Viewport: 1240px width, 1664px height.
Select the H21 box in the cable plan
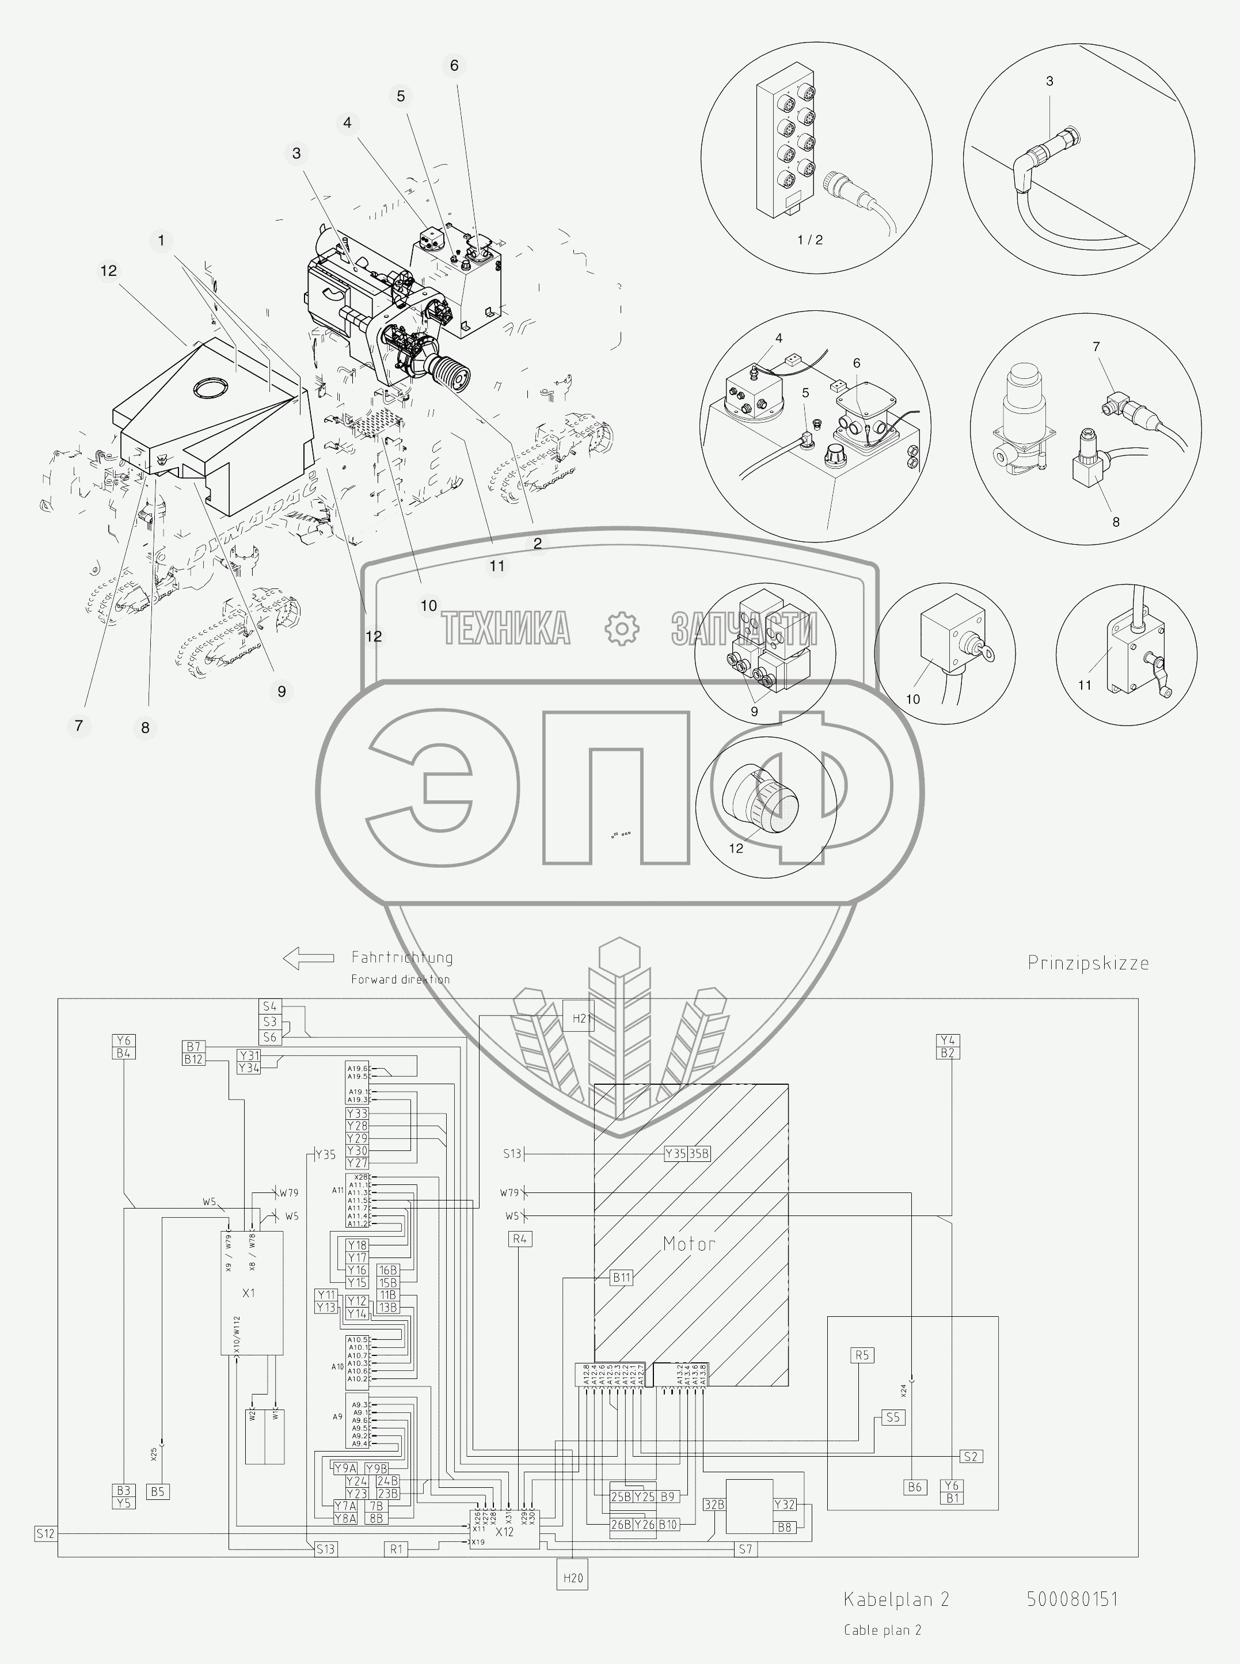pyautogui.click(x=579, y=1018)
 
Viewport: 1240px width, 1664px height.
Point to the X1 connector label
pyautogui.click(x=249, y=1293)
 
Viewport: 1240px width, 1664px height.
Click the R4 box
pyautogui.click(x=519, y=1239)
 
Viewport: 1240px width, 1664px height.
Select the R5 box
pyautogui.click(x=862, y=1355)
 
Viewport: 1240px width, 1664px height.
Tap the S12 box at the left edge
pyautogui.click(x=45, y=1533)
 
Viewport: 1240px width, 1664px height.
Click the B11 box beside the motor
pyautogui.click(x=622, y=1277)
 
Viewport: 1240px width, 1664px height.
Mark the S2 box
pyautogui.click(x=971, y=1456)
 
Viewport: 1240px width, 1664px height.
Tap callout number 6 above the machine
pyautogui.click(x=454, y=65)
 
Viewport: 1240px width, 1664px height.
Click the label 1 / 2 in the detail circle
pyautogui.click(x=810, y=240)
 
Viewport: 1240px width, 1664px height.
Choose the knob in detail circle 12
pyautogui.click(x=760, y=804)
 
